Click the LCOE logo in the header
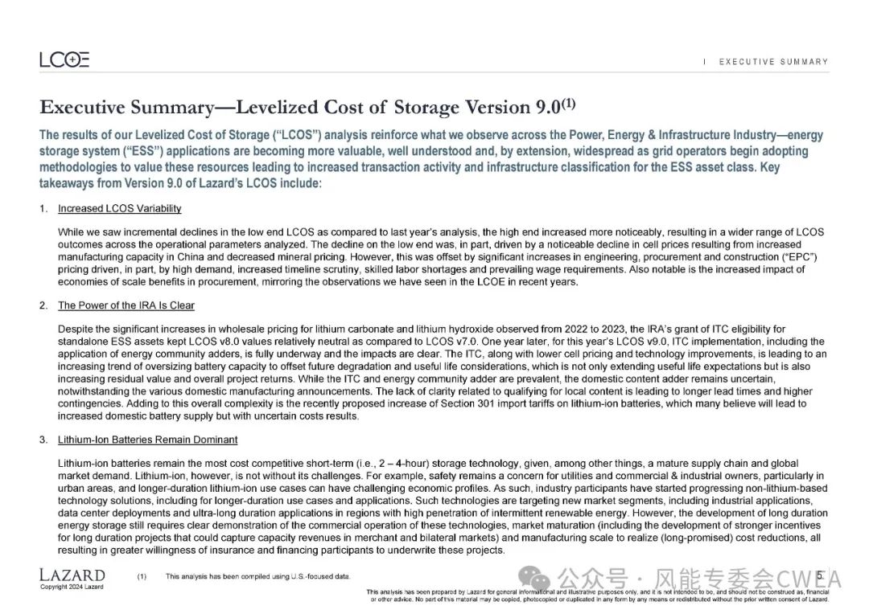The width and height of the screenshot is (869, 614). click(64, 59)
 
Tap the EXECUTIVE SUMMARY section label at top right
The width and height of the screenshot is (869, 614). click(773, 62)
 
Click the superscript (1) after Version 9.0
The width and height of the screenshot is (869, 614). click(569, 103)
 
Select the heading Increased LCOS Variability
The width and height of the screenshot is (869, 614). click(119, 209)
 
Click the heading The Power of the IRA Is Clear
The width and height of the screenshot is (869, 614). click(126, 306)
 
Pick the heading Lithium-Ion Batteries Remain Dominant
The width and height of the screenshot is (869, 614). click(147, 440)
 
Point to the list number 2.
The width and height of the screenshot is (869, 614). click(43, 306)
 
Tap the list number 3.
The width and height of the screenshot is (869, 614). click(43, 440)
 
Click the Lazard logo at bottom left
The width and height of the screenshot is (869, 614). click(72, 575)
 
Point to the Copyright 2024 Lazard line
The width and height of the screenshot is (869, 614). click(72, 587)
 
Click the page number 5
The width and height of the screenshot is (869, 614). click(819, 575)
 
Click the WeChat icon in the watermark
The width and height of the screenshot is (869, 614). click(535, 578)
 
